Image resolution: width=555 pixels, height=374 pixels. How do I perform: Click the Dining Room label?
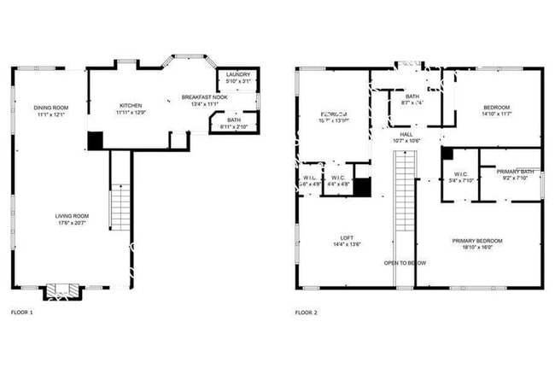(x=51, y=108)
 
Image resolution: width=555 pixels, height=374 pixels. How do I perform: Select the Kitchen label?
(x=131, y=105)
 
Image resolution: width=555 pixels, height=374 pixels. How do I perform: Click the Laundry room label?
(x=238, y=75)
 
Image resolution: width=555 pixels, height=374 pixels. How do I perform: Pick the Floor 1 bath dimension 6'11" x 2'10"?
(x=233, y=127)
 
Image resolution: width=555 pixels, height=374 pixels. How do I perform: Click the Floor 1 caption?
(x=21, y=313)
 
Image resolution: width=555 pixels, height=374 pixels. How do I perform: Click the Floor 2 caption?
(x=306, y=313)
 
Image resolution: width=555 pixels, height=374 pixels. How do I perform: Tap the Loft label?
(x=323, y=237)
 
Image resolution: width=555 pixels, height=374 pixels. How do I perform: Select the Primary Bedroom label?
(x=477, y=241)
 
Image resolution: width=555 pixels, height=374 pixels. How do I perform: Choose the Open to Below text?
(x=405, y=263)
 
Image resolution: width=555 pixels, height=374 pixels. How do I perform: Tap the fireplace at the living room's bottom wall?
(x=61, y=292)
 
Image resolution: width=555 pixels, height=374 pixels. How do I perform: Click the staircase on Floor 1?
(x=120, y=205)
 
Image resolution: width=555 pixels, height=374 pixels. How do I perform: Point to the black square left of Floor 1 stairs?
(x=95, y=140)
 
